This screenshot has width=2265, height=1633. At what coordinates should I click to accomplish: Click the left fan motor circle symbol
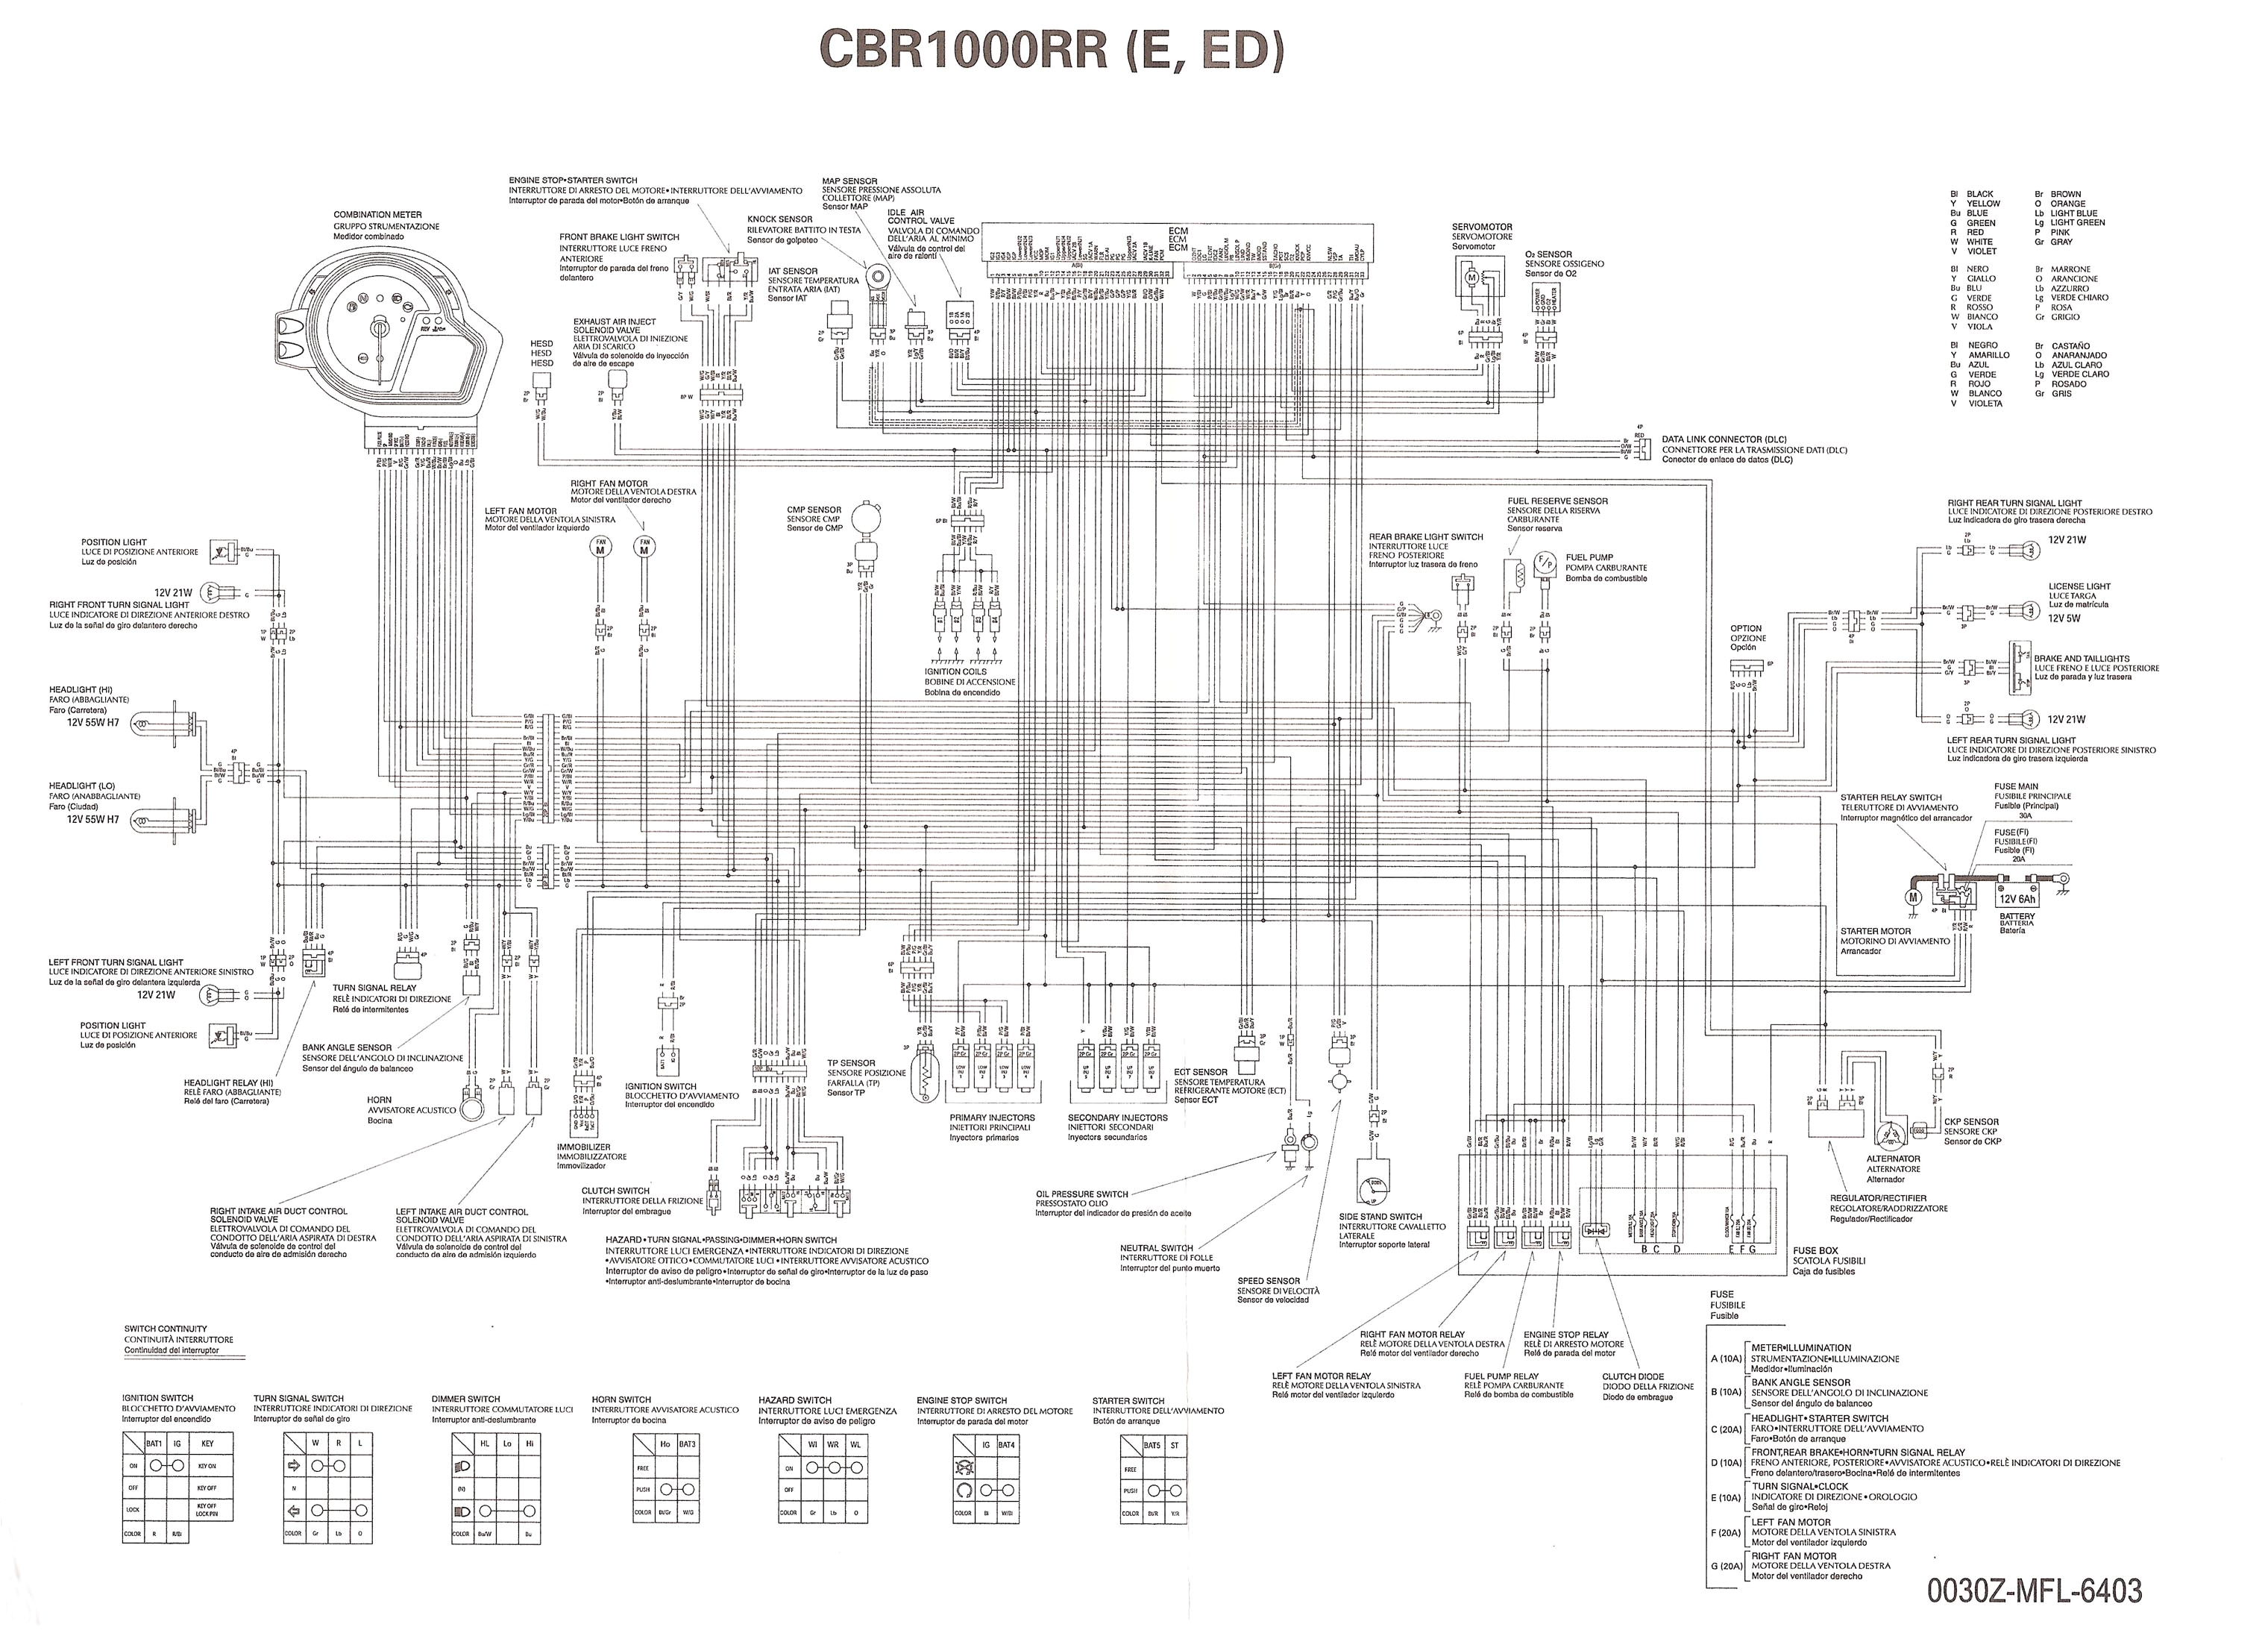coord(600,548)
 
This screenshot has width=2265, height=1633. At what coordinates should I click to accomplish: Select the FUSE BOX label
coord(1815,1250)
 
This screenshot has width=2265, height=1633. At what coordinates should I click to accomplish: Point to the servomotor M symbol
coord(1469,277)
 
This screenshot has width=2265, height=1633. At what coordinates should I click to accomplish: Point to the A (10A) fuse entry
coord(1726,1359)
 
